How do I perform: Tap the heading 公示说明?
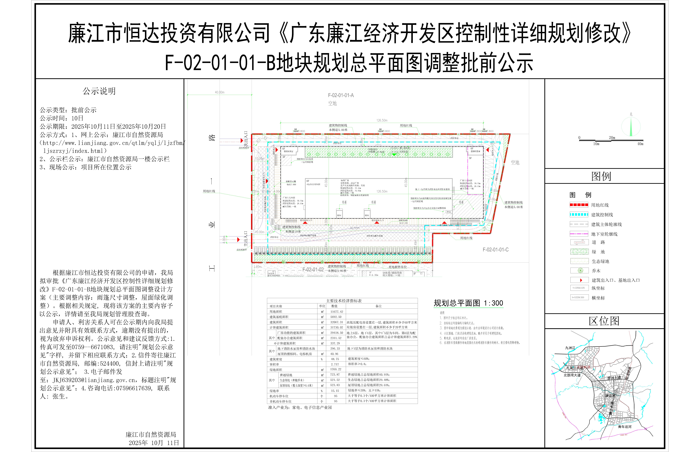99,91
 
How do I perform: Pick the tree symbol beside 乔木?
580,271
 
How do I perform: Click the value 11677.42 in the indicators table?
336,312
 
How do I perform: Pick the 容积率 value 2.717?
335,364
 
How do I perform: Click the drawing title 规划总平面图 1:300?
468,303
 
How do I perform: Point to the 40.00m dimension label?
220,92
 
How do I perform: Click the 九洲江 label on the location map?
570,348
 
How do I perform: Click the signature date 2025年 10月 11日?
154,443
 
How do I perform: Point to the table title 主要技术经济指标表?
344,301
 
